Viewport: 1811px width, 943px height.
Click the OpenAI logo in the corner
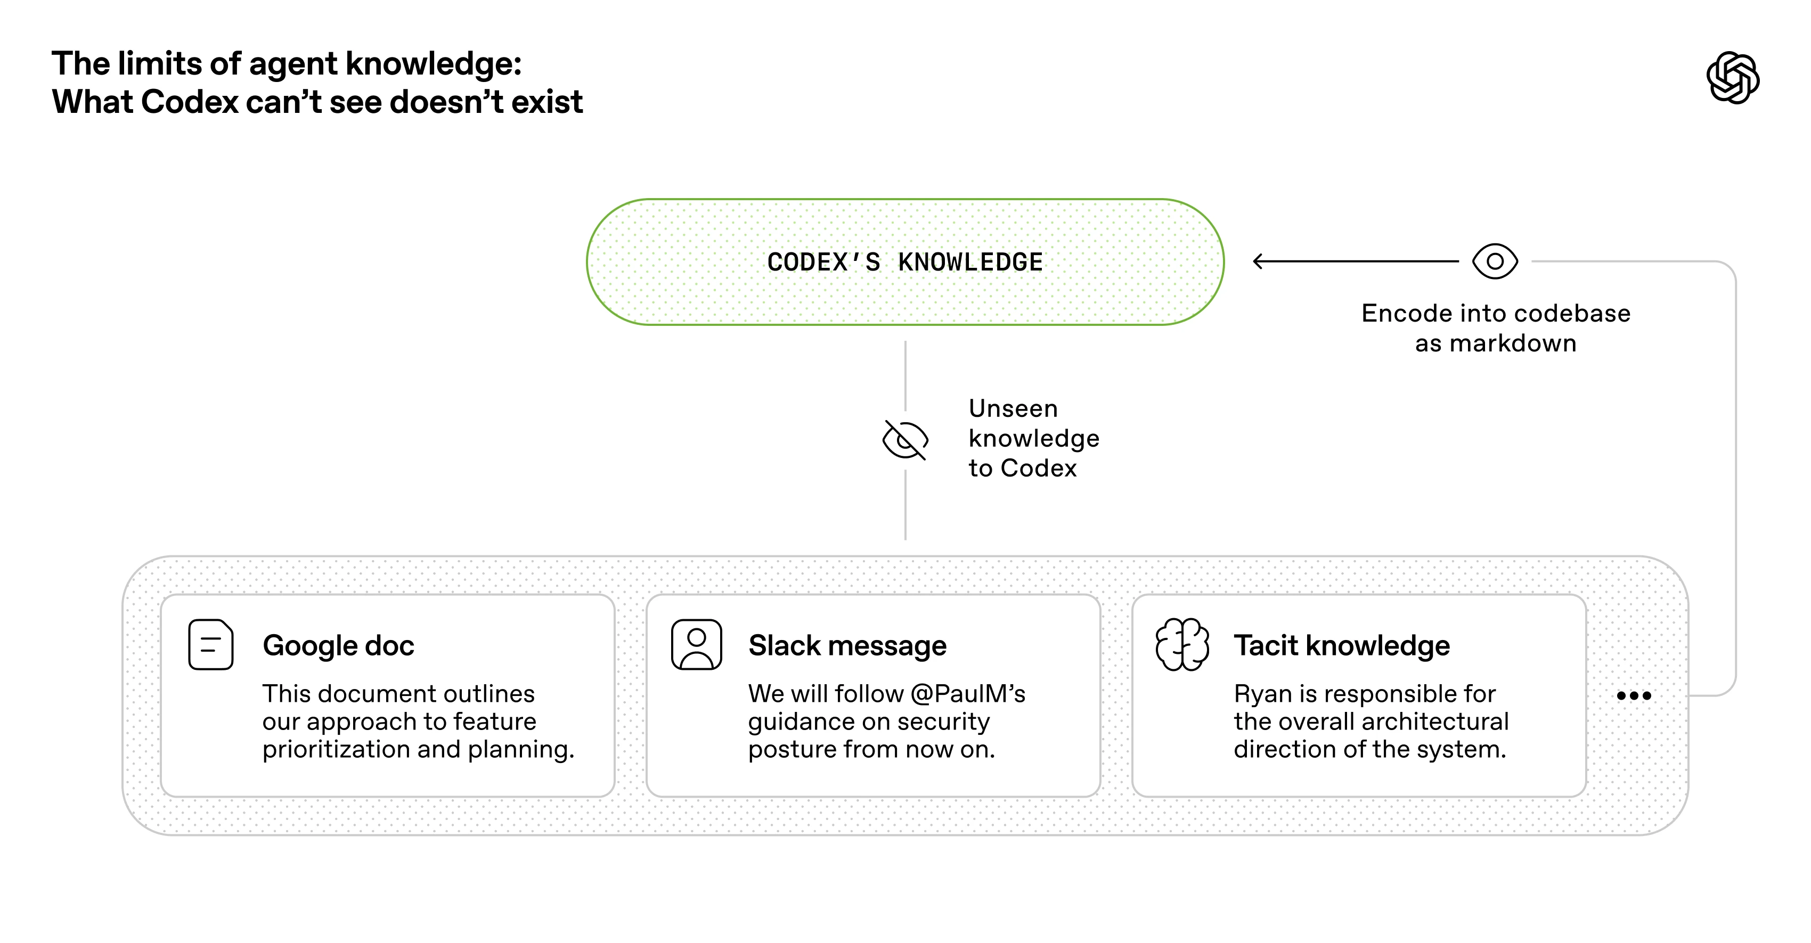[x=1732, y=77]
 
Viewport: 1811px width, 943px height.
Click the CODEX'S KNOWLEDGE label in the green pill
[x=905, y=262]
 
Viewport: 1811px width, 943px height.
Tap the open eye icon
[x=1495, y=261]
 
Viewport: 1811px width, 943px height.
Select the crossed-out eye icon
[x=905, y=440]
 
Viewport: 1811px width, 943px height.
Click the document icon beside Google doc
[x=210, y=644]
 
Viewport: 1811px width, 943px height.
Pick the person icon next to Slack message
[x=696, y=644]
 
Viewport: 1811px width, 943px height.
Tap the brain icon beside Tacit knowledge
[x=1182, y=644]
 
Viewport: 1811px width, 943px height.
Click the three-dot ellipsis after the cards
[x=1633, y=695]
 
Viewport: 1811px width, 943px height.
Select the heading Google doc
[x=338, y=645]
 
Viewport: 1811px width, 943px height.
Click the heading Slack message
[x=847, y=645]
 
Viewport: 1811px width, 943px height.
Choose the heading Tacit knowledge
[x=1341, y=645]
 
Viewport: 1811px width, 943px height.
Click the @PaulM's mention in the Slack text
[x=967, y=694]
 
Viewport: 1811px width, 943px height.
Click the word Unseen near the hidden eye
[x=1013, y=408]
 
